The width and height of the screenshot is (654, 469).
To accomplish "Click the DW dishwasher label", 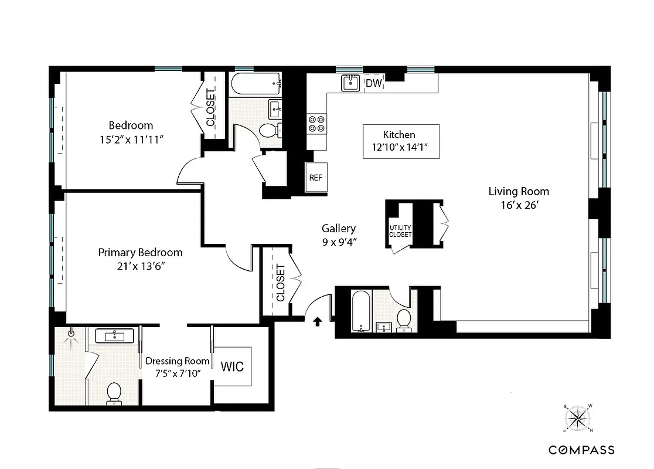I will coord(374,84).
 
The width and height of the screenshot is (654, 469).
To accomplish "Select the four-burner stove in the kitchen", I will coord(317,124).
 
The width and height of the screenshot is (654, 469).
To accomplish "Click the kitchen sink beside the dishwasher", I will coord(351,83).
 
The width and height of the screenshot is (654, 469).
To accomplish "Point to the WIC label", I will coord(232,366).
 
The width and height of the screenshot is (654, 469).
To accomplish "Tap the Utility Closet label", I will coord(400,231).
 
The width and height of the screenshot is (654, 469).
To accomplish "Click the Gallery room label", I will coord(338,229).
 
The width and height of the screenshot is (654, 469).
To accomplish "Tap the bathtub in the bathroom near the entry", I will coord(362,311).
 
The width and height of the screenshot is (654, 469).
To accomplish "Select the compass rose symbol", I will coord(578,418).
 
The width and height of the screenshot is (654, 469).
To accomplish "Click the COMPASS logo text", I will coord(581,450).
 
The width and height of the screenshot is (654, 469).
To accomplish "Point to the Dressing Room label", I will coord(177,361).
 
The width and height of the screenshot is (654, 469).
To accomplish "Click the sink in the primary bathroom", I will coord(114,336).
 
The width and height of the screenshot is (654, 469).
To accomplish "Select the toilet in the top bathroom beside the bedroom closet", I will coord(268,131).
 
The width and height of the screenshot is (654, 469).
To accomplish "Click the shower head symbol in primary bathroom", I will coord(71,333).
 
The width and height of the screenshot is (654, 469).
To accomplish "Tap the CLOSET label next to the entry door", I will coord(280,283).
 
